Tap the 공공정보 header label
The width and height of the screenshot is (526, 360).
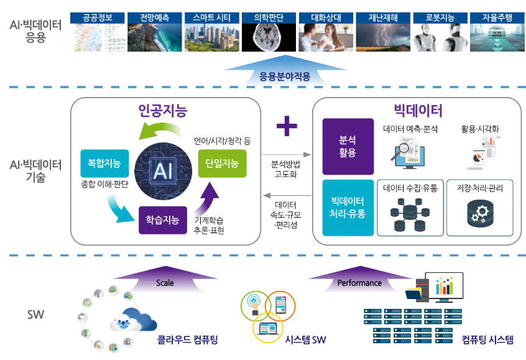click(x=98, y=17)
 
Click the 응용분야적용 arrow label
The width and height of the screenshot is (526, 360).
click(x=284, y=78)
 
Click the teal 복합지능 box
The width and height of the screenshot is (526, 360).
click(x=104, y=164)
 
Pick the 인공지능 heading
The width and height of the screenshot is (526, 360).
click(x=163, y=112)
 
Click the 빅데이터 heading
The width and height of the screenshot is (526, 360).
click(x=418, y=111)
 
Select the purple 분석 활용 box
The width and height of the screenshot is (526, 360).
click(x=348, y=146)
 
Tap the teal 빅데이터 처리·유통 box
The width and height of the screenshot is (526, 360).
click(x=348, y=208)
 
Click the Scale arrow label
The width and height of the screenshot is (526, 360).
click(x=165, y=283)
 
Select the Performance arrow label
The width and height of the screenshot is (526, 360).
click(x=359, y=283)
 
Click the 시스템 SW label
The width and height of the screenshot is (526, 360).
click(x=305, y=340)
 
